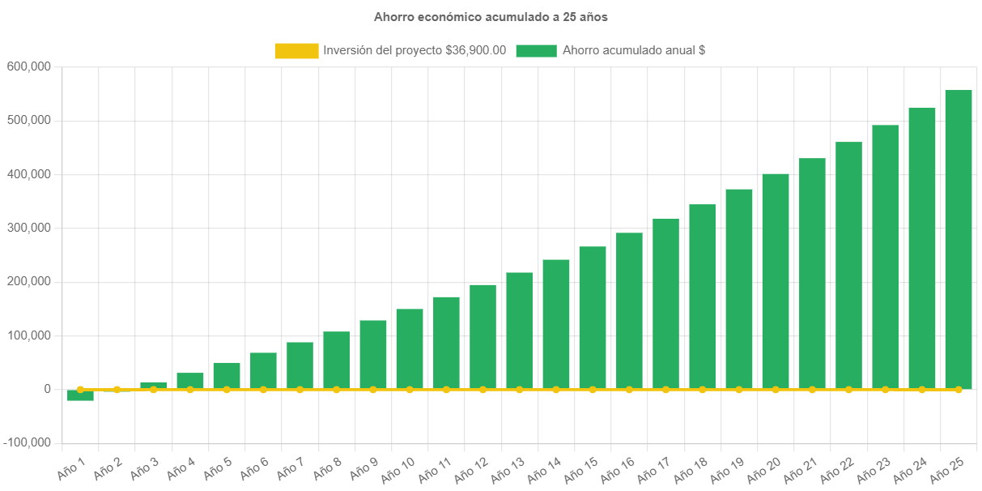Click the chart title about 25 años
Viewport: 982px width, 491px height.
click(491, 16)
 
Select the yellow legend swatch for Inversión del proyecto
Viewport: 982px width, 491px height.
click(296, 50)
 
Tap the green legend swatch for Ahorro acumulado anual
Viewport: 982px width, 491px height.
click(536, 50)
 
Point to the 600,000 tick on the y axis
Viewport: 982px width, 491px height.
click(29, 66)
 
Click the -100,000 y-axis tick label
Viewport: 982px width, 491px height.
click(28, 442)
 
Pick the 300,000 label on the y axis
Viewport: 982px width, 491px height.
click(29, 228)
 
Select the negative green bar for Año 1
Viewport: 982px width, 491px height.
click(80, 395)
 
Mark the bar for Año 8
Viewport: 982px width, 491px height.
click(336, 360)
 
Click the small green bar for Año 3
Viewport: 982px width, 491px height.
click(153, 385)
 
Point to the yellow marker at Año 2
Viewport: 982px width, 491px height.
click(117, 390)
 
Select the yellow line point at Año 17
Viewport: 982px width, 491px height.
click(665, 390)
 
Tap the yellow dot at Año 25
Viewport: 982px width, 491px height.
click(959, 390)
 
